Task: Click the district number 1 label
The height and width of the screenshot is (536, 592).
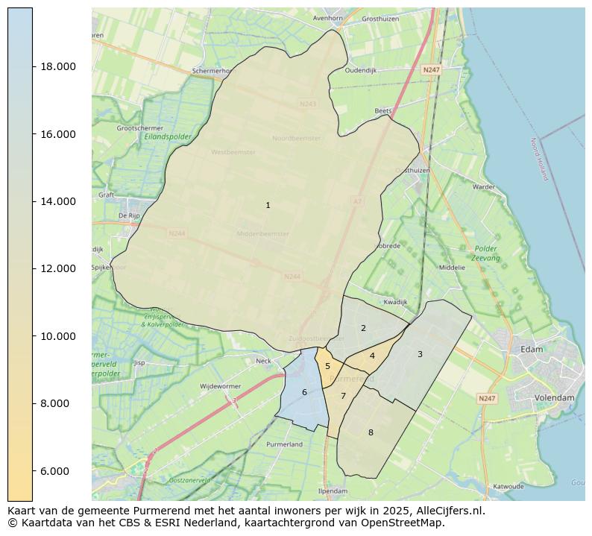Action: pyautogui.click(x=268, y=205)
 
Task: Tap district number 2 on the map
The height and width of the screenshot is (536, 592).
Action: pyautogui.click(x=363, y=328)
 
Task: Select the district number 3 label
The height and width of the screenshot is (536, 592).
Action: pyautogui.click(x=420, y=354)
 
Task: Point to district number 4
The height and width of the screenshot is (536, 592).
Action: pyautogui.click(x=372, y=356)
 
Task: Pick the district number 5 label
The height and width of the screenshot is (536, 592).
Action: pyautogui.click(x=327, y=366)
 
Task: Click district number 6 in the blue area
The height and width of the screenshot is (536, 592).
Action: pyautogui.click(x=304, y=392)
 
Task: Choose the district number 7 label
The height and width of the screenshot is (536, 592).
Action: pyautogui.click(x=343, y=396)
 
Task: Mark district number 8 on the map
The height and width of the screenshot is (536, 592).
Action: pyautogui.click(x=371, y=432)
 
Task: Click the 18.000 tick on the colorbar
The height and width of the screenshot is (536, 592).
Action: pyautogui.click(x=58, y=66)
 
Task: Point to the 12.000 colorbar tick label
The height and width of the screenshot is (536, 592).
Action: pyautogui.click(x=58, y=268)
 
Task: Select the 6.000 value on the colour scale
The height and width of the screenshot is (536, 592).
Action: pyautogui.click(x=58, y=471)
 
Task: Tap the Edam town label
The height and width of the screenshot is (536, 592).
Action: pyautogui.click(x=532, y=349)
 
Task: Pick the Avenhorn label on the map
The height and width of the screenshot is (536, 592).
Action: pyautogui.click(x=327, y=18)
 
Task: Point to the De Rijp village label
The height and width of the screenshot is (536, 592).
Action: pyautogui.click(x=129, y=216)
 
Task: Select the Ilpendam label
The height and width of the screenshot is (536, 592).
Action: pyautogui.click(x=333, y=491)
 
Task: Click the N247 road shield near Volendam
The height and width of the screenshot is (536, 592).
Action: pyautogui.click(x=487, y=399)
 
